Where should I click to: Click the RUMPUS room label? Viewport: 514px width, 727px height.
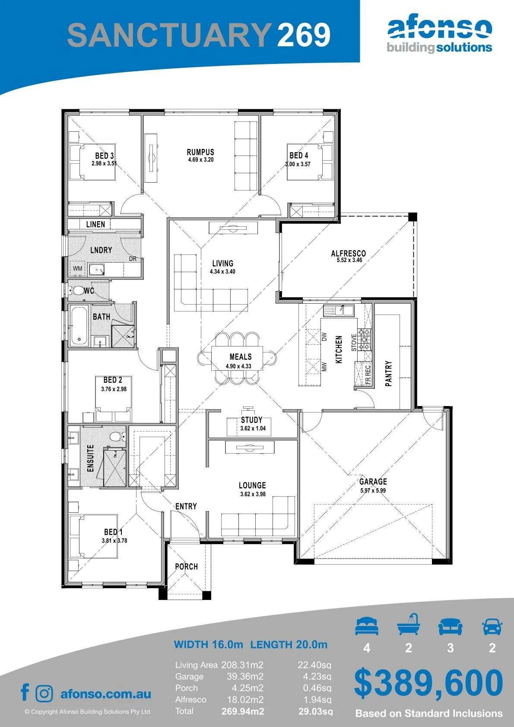(200, 152)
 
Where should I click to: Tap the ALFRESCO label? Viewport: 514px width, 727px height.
(348, 253)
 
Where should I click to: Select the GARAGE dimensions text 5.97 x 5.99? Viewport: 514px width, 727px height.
(373, 490)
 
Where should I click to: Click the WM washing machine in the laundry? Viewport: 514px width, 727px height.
(78, 269)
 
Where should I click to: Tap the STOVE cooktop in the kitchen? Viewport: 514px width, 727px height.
(365, 340)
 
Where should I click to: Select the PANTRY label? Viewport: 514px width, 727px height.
(388, 374)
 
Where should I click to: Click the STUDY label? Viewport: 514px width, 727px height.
(251, 420)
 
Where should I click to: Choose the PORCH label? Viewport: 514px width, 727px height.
(186, 567)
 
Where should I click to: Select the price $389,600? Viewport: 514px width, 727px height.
(428, 683)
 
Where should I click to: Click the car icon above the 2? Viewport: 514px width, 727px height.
(492, 626)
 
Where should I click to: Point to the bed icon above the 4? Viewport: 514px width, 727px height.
(367, 626)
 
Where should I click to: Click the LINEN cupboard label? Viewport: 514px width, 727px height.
(95, 224)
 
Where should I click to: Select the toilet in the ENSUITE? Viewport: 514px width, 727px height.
(116, 437)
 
